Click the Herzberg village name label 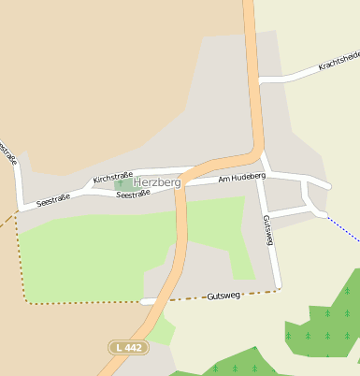pos(157,182)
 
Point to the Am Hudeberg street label pos(242,177)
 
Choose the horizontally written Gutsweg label pos(223,295)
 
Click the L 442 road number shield pos(126,348)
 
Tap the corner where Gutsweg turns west pos(278,289)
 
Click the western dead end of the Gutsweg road pos(143,301)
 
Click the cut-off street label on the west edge pos(8,154)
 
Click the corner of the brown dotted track pos(24,301)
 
